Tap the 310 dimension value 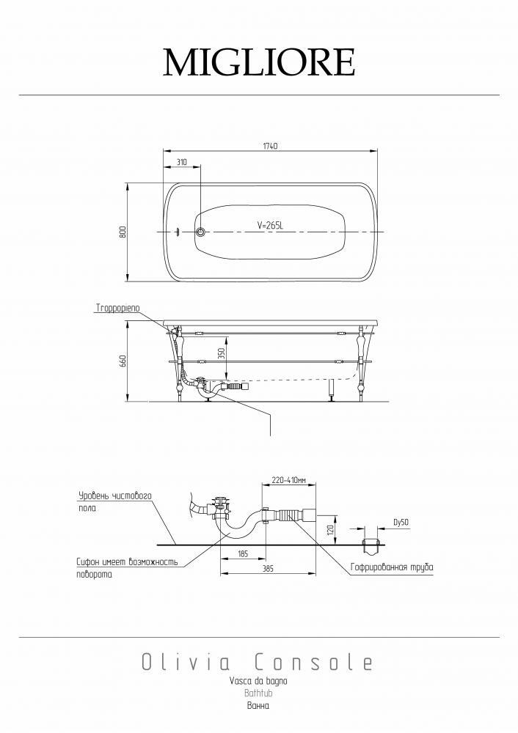coord(182,162)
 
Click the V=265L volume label coord(271,226)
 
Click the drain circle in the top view coord(200,232)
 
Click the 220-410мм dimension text coord(288,480)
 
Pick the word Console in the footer coord(313,663)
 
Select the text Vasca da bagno coord(258,681)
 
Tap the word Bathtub coord(258,693)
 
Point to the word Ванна coord(258,706)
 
